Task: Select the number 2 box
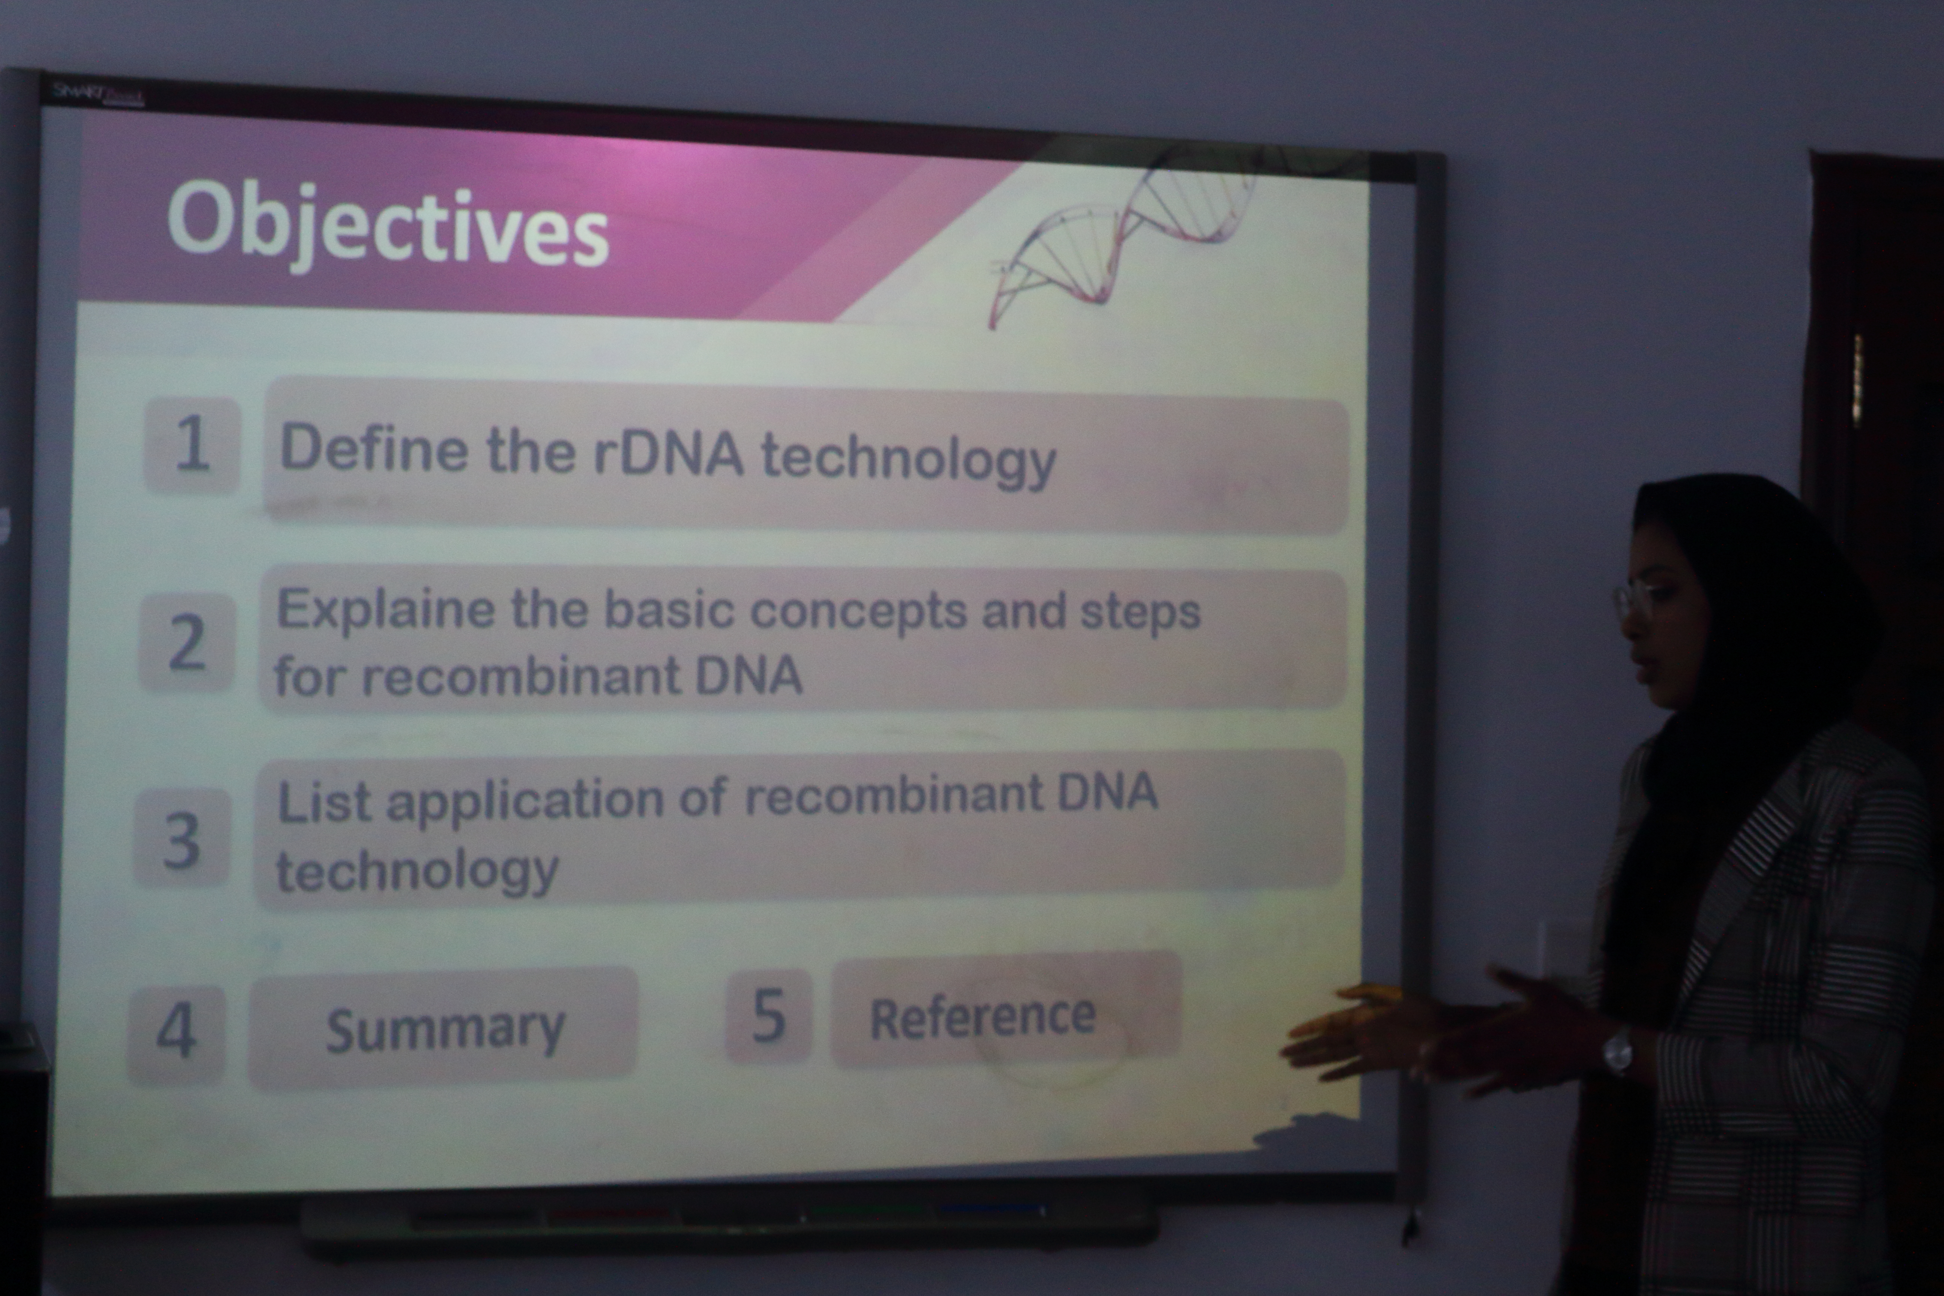[x=187, y=642]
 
